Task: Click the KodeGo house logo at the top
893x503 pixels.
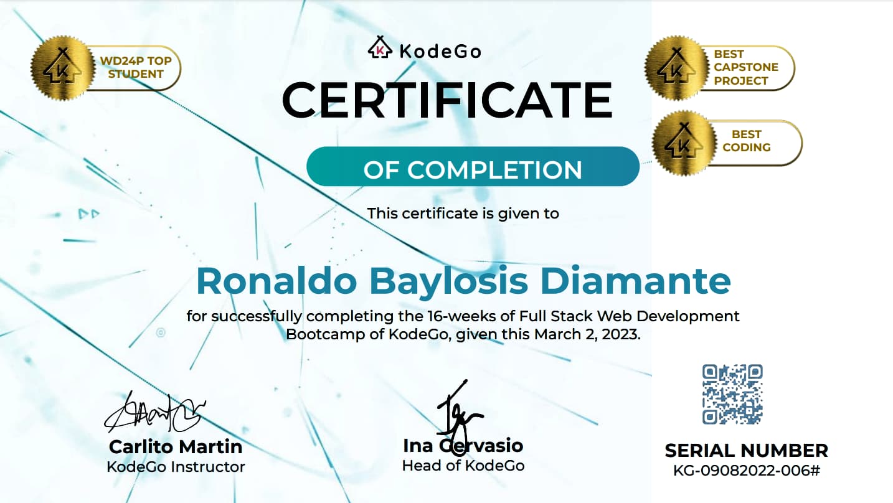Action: tap(379, 48)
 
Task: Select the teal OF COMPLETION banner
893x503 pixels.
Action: tap(473, 167)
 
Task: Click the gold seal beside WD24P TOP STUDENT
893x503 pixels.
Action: tap(61, 68)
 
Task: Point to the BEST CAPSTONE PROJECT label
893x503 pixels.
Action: tap(745, 67)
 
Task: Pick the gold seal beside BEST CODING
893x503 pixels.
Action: tap(683, 141)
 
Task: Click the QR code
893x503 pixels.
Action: tap(732, 395)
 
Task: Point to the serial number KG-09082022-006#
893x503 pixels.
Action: tap(747, 470)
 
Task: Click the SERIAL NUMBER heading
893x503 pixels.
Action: tap(746, 450)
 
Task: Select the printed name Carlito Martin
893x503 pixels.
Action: tap(176, 446)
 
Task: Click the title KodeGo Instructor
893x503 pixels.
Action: tap(176, 466)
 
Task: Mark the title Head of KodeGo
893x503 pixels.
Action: tap(463, 465)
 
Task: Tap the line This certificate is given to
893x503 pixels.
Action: tap(463, 214)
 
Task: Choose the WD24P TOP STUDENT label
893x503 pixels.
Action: tap(136, 67)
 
